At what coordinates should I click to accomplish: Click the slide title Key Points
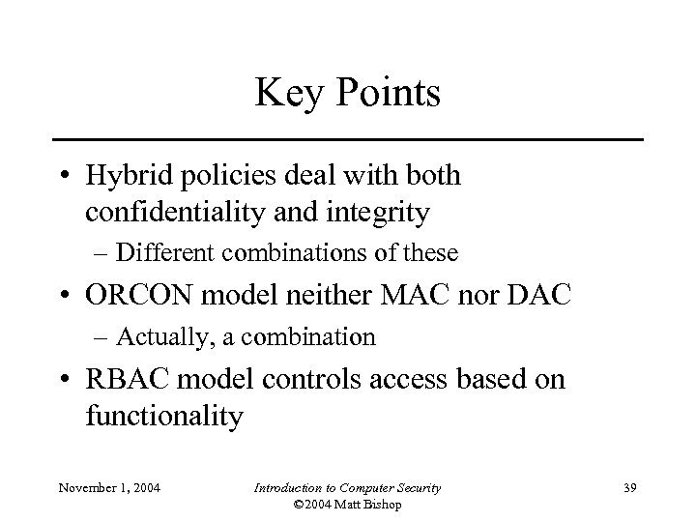point(347,94)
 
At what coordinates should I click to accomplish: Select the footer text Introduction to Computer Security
point(347,488)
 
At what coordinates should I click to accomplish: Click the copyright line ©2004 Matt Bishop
point(347,505)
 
